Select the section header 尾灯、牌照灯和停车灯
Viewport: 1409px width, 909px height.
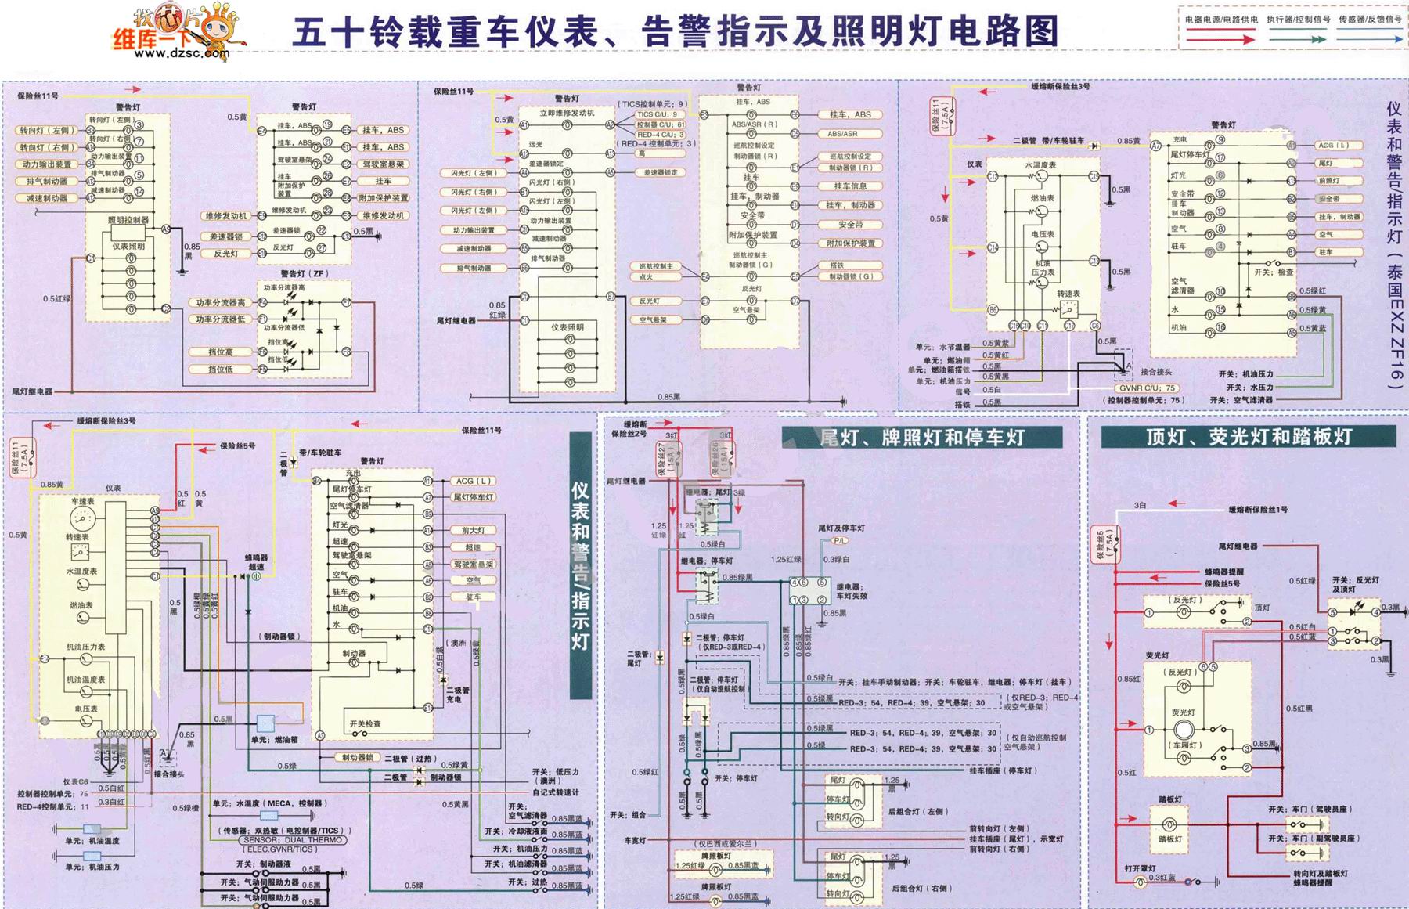922,437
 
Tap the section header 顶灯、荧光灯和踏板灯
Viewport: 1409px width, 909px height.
1248,437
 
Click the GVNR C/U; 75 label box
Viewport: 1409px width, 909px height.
1148,388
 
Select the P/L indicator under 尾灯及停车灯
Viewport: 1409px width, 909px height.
839,540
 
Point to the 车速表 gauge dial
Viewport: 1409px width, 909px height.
81,518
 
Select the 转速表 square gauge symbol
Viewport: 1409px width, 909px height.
80,552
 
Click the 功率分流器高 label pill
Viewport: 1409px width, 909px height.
221,303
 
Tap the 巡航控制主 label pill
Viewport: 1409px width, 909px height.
656,266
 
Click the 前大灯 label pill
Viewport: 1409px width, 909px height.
473,530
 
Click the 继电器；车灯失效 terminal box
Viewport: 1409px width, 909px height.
809,591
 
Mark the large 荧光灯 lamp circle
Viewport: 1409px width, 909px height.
1183,730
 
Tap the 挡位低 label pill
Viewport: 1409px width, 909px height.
221,369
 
